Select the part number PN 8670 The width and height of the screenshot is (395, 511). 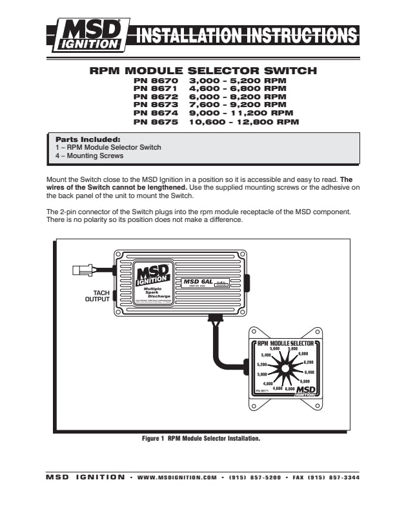[155, 81]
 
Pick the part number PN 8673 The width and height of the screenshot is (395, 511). [155, 104]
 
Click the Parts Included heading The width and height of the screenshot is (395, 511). [88, 139]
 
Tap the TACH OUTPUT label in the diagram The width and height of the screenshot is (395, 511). [97, 296]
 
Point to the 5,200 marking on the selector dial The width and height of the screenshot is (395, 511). [262, 365]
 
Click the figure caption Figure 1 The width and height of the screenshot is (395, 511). [201, 438]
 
